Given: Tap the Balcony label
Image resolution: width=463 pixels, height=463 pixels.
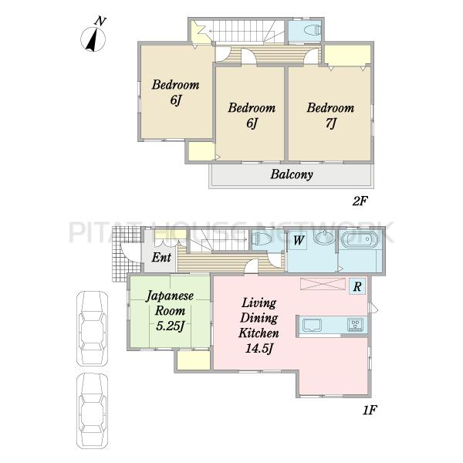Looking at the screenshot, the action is [292, 174].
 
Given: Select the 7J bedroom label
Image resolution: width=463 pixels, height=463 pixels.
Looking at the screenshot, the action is [330, 115].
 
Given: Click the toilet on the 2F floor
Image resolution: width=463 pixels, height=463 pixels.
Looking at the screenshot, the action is [313, 29].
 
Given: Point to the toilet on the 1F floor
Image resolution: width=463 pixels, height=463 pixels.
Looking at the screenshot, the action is [262, 238].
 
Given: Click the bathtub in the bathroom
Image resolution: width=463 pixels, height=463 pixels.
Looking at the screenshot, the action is [360, 239].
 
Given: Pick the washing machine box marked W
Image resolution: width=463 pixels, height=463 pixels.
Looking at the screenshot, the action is [298, 240].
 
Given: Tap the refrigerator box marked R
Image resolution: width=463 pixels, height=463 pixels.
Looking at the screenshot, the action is [357, 286].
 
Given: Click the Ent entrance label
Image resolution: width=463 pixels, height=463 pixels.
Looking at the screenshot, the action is [161, 258].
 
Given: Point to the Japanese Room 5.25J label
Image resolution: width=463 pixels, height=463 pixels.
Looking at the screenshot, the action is [170, 311].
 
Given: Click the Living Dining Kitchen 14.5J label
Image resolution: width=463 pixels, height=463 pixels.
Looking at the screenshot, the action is [259, 326].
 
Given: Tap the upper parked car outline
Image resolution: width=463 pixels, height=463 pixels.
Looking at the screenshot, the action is [92, 329].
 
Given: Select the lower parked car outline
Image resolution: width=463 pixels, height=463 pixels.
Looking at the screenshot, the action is [92, 411].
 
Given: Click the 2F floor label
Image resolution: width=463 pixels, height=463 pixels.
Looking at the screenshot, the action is [360, 201].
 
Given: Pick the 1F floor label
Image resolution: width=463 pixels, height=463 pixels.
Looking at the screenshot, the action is [370, 410].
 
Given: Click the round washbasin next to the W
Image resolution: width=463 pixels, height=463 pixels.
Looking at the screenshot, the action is [323, 238].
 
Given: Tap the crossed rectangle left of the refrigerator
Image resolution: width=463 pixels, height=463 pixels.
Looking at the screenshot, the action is [323, 284].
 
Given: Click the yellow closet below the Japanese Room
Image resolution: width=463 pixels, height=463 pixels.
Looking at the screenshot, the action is [194, 360].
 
